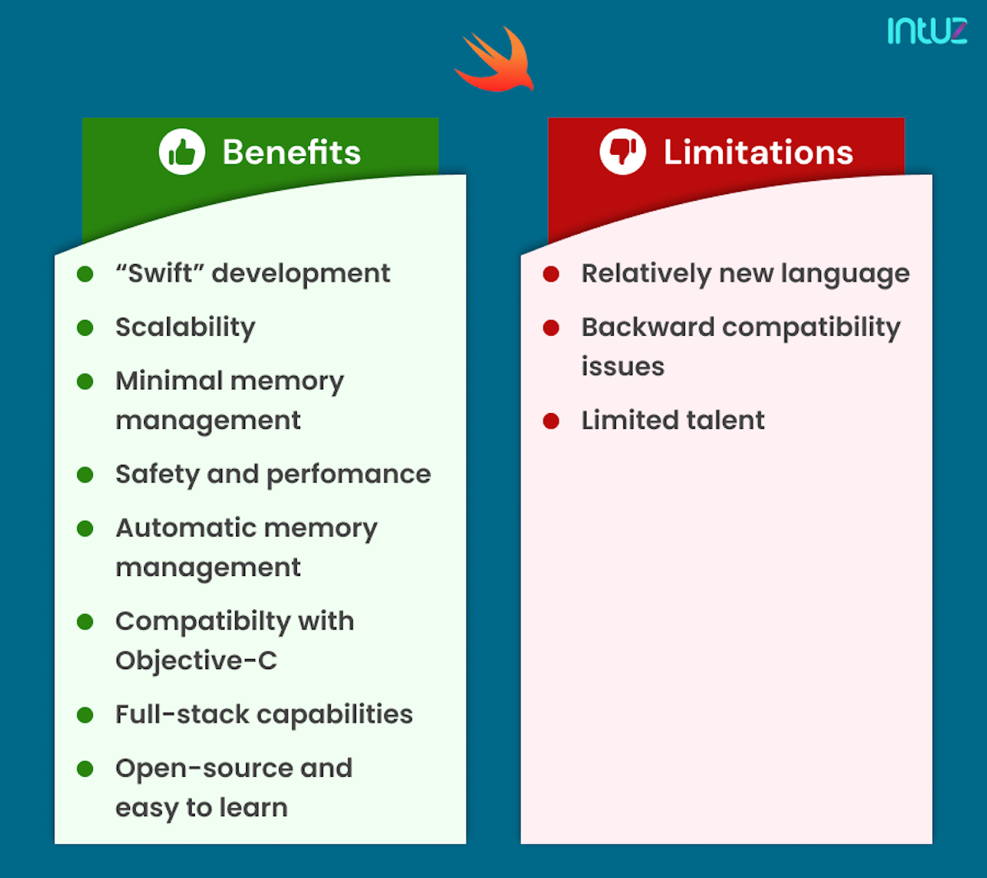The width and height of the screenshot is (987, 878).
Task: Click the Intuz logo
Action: pos(927,30)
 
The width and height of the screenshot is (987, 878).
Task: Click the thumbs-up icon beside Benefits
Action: pos(182,152)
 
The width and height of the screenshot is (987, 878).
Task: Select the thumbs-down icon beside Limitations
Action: pos(623,152)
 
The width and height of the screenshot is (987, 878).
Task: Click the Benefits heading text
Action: pos(291,152)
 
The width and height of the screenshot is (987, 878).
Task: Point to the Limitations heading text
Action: pos(758,152)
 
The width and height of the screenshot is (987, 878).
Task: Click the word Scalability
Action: pos(185,328)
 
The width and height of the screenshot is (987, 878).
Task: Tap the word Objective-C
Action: pos(196,661)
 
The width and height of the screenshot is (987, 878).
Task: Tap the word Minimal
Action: pos(169,381)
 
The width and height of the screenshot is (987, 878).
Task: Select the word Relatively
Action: pos(646,274)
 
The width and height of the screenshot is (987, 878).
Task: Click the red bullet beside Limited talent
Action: pos(551,421)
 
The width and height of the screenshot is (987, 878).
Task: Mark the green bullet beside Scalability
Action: pos(85,328)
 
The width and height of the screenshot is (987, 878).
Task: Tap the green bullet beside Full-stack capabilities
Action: pos(85,715)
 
